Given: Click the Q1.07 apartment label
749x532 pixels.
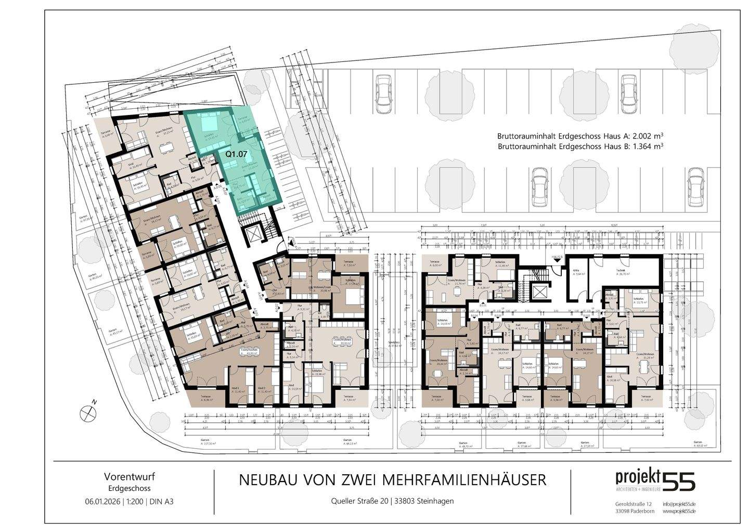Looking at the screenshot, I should coord(236,154).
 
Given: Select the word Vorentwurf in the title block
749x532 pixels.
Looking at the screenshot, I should coord(130,476).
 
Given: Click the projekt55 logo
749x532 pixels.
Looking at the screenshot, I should coord(655,480).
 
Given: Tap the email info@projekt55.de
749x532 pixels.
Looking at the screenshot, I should coord(679,504).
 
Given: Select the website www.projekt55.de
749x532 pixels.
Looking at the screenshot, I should coord(679,512).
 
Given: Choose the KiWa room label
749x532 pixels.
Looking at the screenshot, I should coord(576,271).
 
